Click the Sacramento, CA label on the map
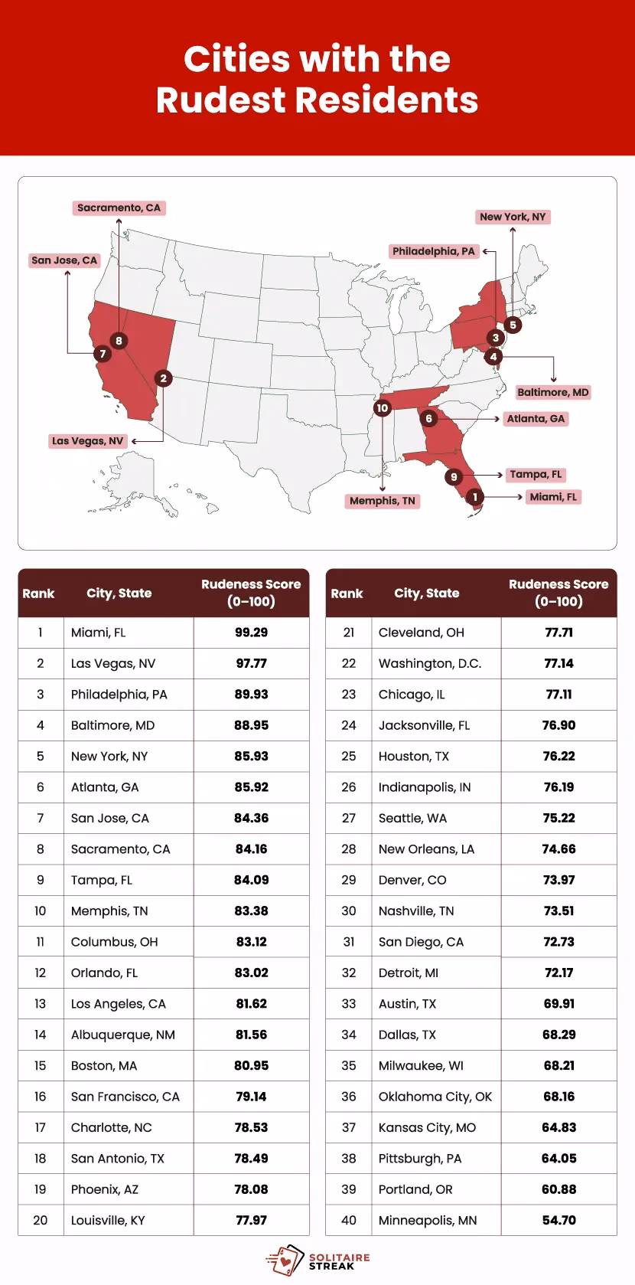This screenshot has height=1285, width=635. point(119,208)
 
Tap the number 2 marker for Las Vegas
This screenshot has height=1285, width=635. point(163,378)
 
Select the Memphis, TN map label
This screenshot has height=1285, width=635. point(382,501)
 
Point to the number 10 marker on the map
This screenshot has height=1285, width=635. point(383,408)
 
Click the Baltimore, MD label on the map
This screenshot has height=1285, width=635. point(552,392)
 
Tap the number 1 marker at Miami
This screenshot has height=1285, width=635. point(475,497)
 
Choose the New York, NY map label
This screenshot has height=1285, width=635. point(513,217)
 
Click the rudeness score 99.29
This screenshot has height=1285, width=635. point(251,633)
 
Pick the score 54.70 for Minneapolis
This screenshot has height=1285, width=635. point(558,1220)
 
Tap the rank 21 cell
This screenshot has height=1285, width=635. point(348,633)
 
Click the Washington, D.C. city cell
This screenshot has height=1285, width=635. point(429,663)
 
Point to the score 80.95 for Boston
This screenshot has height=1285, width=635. point(251,1065)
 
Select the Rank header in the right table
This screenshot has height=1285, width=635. point(347,593)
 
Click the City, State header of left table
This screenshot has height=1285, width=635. point(119,593)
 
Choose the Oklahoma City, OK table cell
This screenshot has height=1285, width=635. point(435,1097)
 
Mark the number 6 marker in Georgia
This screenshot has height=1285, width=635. point(429,418)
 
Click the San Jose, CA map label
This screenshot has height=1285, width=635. point(64,260)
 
